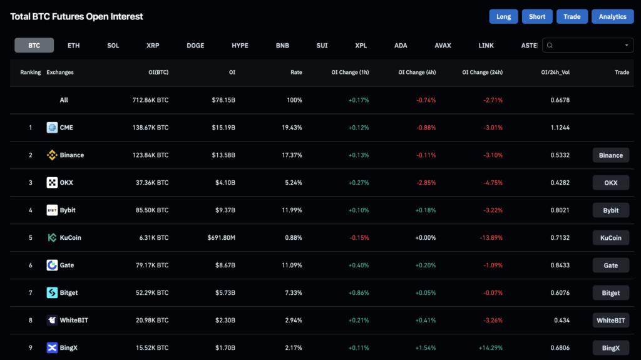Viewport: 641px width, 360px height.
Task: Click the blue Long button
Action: click(x=503, y=17)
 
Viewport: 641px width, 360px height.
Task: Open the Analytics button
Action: click(x=612, y=17)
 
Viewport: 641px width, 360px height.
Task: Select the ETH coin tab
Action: click(x=74, y=46)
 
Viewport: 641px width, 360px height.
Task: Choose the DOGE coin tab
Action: click(x=195, y=46)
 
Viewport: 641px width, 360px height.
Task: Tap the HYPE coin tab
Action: click(x=240, y=46)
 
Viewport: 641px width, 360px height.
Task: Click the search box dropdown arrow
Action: click(x=627, y=46)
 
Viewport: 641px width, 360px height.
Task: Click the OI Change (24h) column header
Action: click(x=482, y=73)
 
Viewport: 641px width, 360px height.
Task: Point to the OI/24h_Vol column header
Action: click(x=555, y=73)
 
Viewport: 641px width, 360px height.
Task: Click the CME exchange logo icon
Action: click(x=52, y=128)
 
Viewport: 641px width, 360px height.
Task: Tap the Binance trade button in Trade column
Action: click(x=610, y=155)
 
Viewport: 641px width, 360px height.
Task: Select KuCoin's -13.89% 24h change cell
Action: click(x=490, y=238)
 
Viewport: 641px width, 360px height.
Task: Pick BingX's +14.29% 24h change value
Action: click(x=490, y=347)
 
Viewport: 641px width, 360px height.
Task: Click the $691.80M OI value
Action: click(x=221, y=238)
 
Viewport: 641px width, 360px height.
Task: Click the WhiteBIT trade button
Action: click(x=610, y=321)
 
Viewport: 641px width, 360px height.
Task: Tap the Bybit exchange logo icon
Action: click(x=52, y=210)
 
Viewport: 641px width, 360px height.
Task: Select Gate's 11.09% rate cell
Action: click(x=292, y=265)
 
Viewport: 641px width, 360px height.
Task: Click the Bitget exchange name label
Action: click(x=69, y=293)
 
